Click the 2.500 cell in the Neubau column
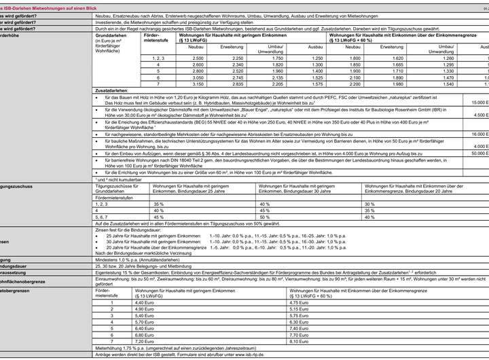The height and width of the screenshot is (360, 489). coord(198,59)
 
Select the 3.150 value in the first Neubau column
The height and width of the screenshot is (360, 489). coord(198,84)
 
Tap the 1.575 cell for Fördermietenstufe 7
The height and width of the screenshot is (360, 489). coord(316,84)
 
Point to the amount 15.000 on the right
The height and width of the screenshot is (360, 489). coord(479,102)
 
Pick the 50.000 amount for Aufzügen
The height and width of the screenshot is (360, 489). coord(479,154)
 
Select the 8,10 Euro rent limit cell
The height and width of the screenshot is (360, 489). coord(298,340)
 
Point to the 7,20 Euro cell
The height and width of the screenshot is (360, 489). coord(141,340)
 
